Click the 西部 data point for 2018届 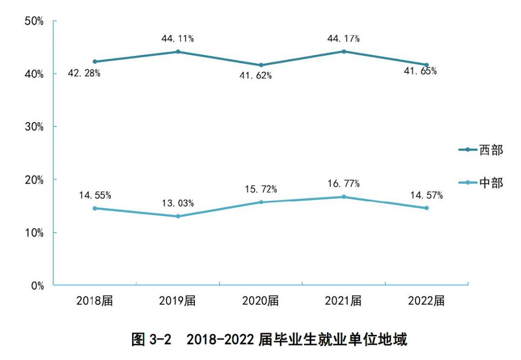coord(95,62)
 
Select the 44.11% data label coord(178,39)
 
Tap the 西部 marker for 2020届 coord(261,65)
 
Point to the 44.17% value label coord(343,39)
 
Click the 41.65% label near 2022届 coord(421,71)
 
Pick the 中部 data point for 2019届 coord(178,216)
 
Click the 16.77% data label coord(343,184)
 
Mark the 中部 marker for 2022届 coord(426,208)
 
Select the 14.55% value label coord(95,195)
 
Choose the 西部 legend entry coord(480,150)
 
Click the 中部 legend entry coord(480,183)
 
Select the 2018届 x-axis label coord(95,301)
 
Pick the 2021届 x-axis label coord(343,301)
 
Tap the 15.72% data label coord(261,189)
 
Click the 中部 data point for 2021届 coord(344,197)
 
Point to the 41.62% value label coord(256,76)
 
